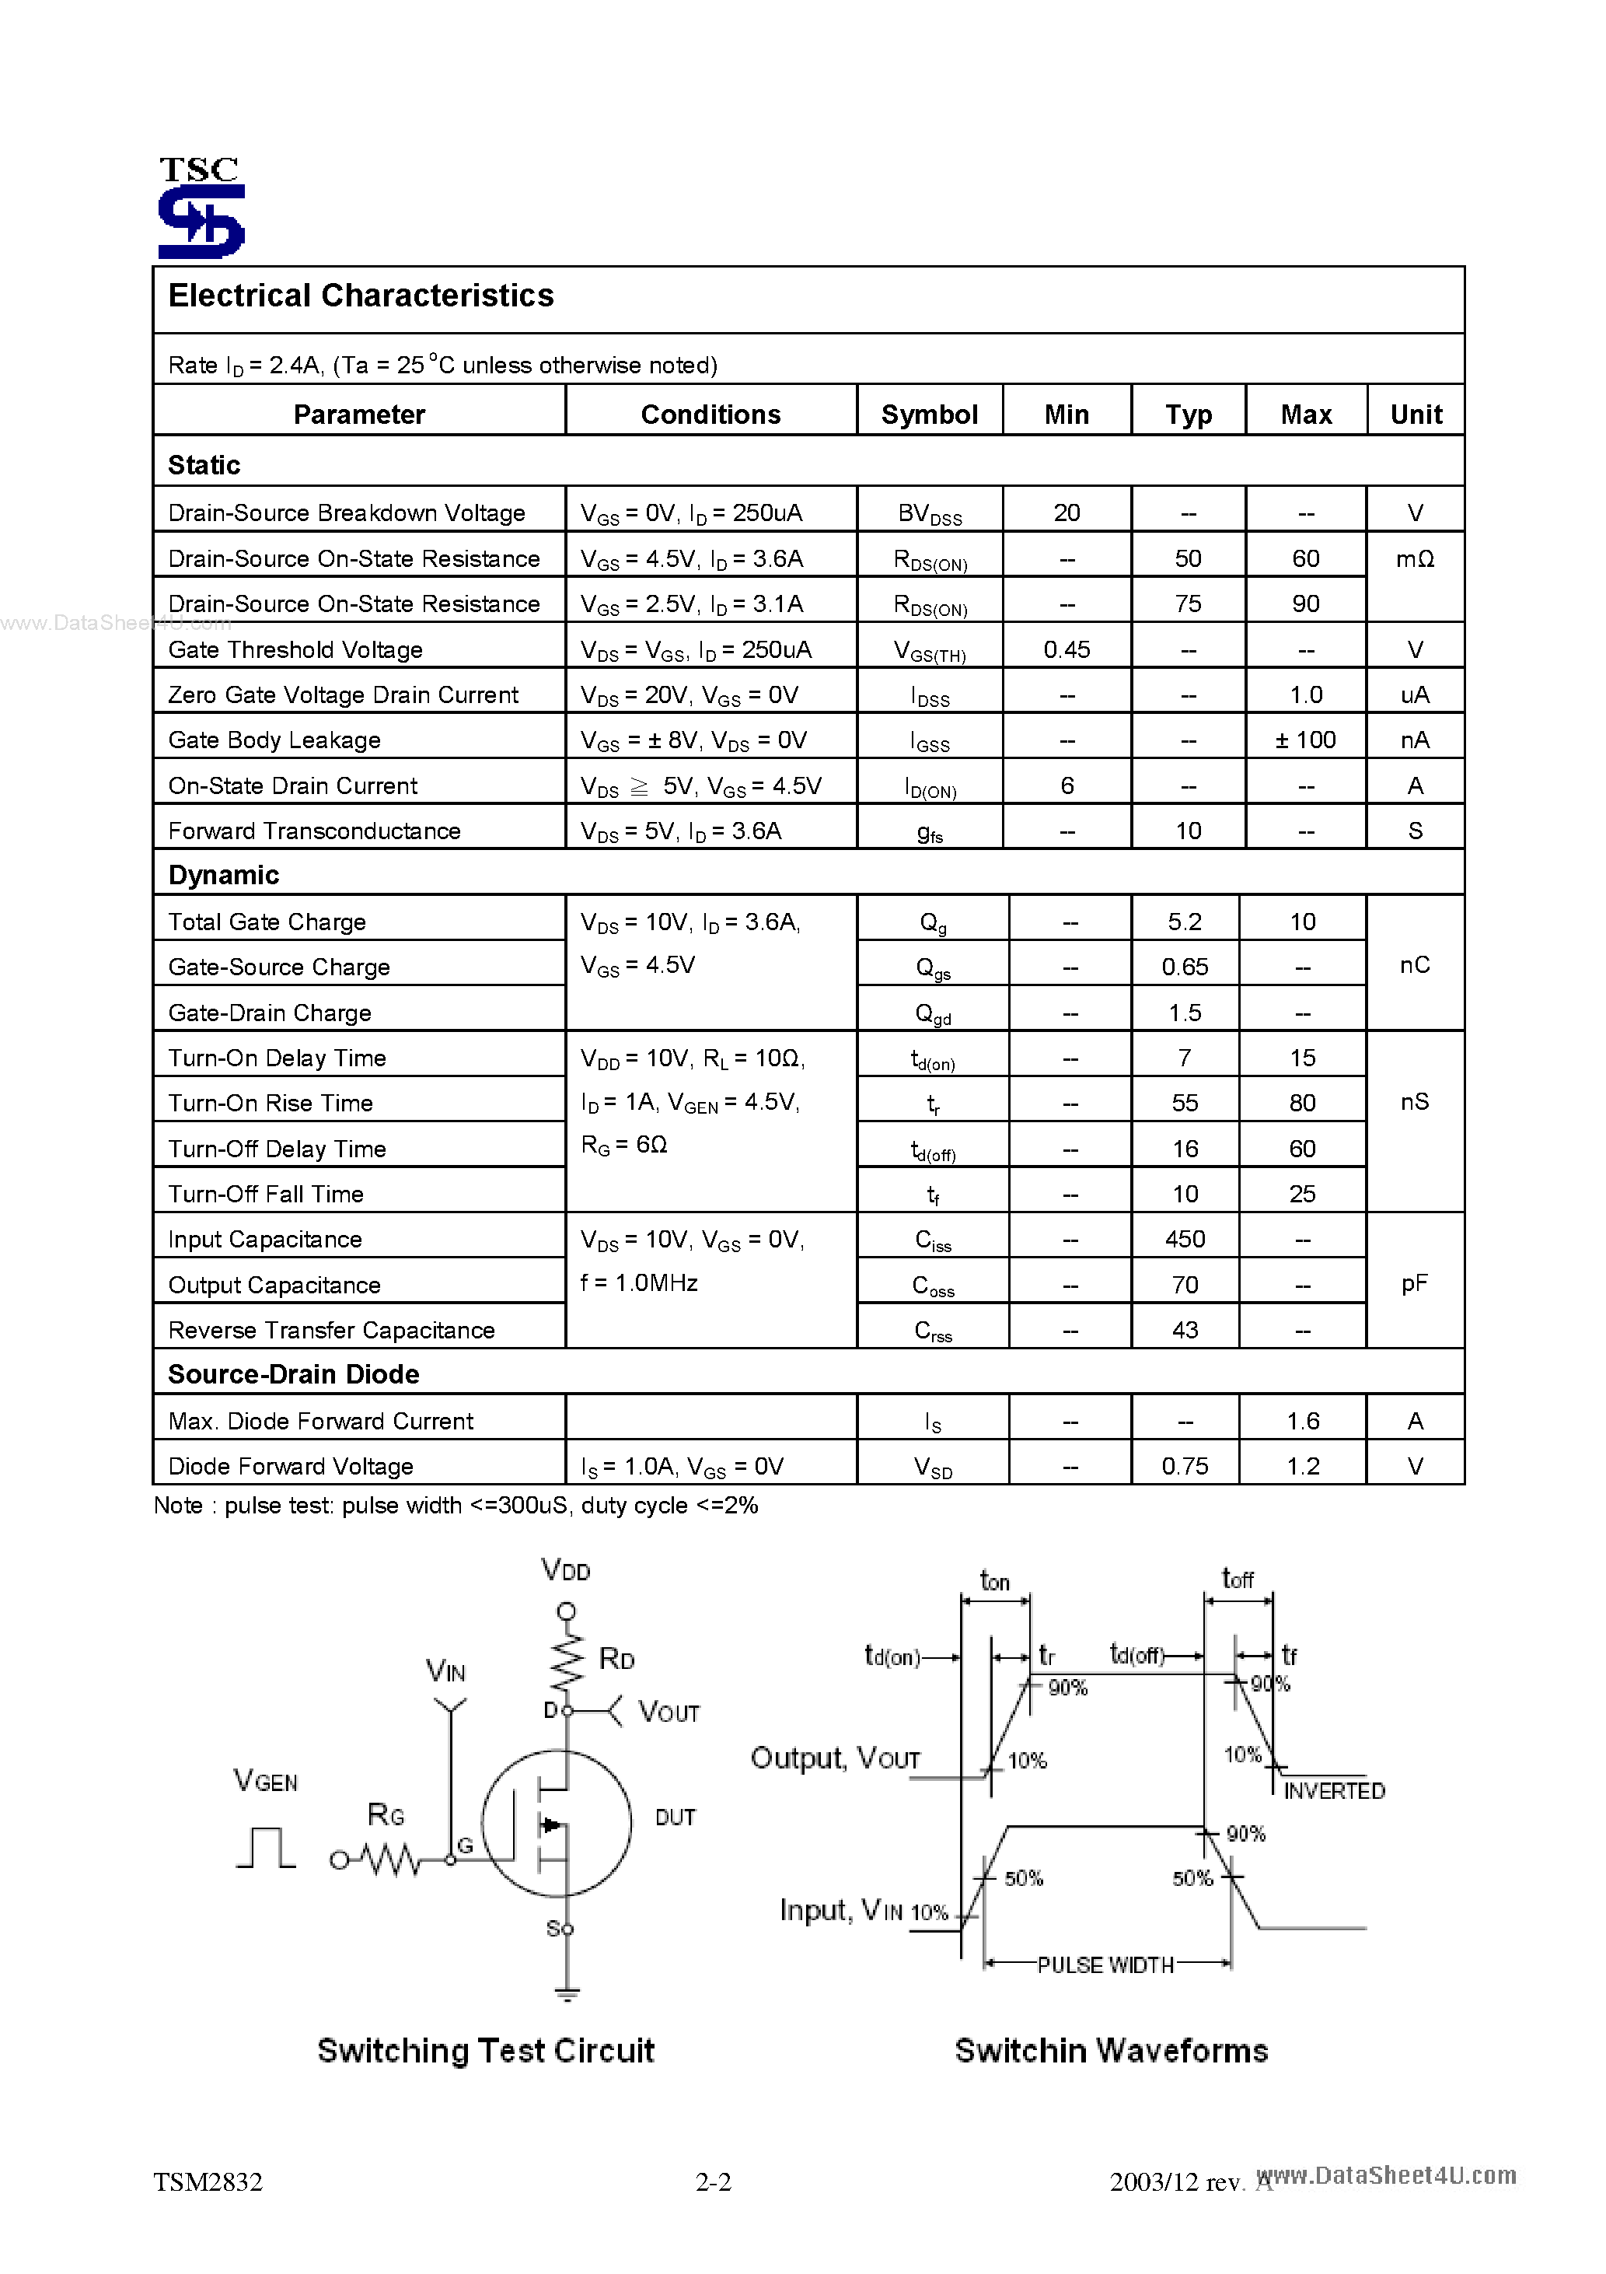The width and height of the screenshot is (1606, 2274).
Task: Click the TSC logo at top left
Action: tap(201, 208)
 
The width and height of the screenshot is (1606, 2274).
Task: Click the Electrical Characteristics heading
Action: tap(361, 296)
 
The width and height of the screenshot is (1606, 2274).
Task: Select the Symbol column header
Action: tap(929, 414)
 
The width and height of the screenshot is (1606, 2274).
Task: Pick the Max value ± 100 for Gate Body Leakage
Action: tap(1305, 740)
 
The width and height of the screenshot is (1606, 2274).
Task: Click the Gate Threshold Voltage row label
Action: tap(295, 649)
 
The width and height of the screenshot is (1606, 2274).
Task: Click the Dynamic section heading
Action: tap(224, 876)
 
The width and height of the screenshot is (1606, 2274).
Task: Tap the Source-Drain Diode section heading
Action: tap(293, 1375)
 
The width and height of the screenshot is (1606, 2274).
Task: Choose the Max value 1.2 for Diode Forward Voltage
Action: tap(1302, 1466)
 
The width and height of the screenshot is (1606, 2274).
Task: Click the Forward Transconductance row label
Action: tap(314, 831)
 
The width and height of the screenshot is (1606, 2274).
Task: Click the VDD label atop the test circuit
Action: tap(565, 1570)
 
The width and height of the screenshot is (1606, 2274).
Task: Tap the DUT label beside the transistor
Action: tap(676, 1817)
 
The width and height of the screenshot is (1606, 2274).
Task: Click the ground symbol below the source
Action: tap(567, 1994)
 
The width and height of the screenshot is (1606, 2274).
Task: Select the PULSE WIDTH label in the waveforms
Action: tap(1105, 1965)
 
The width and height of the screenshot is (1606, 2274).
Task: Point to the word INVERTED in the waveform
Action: tap(1334, 1791)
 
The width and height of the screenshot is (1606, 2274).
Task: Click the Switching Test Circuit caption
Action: tap(485, 2050)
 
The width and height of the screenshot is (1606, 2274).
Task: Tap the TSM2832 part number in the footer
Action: tap(208, 2182)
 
